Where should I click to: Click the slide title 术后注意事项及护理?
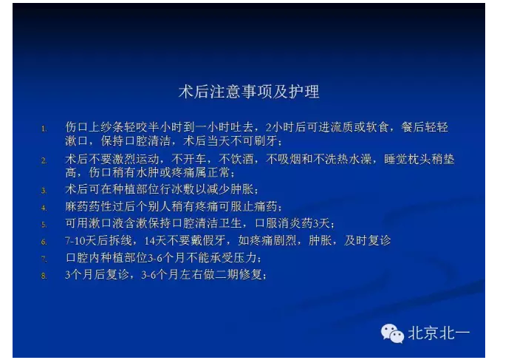(249, 92)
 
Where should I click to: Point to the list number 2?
(44, 160)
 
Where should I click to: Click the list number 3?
(44, 190)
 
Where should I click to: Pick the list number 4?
(44, 208)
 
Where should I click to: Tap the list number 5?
(44, 225)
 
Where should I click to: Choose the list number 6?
(44, 242)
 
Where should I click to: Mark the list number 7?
(44, 259)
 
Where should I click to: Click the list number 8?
(44, 276)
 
